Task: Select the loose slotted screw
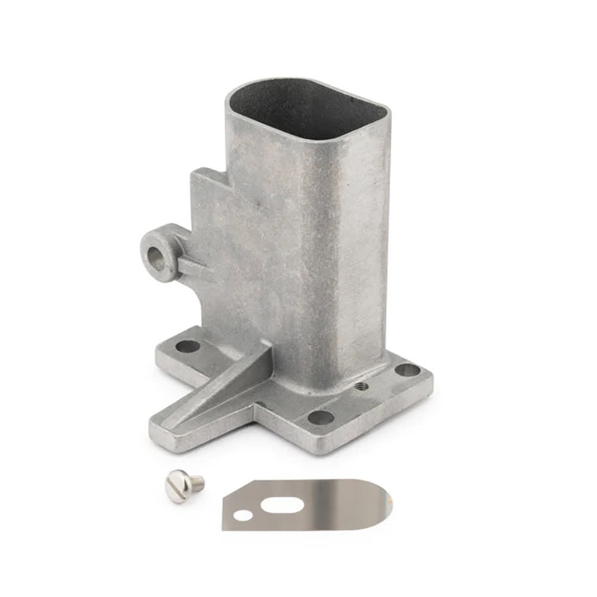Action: pyautogui.click(x=184, y=484)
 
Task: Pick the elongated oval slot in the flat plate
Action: pyautogui.click(x=282, y=505)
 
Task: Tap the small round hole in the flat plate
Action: pyautogui.click(x=242, y=515)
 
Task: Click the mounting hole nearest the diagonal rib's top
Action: pyautogui.click(x=187, y=346)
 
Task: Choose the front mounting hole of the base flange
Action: pyautogui.click(x=321, y=417)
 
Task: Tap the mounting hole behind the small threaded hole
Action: pyautogui.click(x=407, y=370)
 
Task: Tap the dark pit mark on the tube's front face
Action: pyautogui.click(x=259, y=205)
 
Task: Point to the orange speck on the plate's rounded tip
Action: pyautogui.click(x=391, y=496)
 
